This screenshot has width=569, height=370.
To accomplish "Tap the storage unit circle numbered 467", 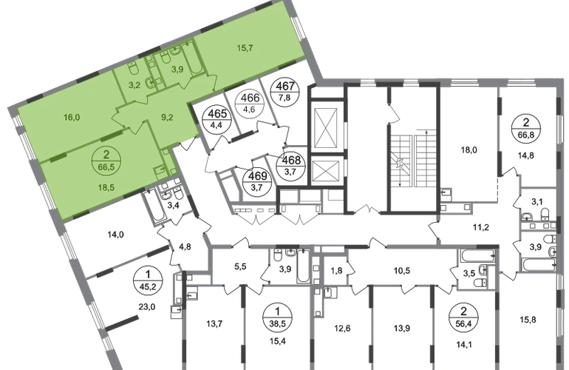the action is tap(284, 92).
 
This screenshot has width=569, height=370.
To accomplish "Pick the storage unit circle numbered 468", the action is tap(291, 166).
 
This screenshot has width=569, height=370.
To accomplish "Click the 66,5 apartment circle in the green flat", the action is tap(106, 161).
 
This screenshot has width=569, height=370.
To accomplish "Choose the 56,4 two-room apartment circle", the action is tap(464, 317).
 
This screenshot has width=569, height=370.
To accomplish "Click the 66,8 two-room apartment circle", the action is tap(526, 128).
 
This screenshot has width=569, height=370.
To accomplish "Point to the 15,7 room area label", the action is tap(245, 48).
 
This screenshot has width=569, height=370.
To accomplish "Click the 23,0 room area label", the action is tap(147, 307).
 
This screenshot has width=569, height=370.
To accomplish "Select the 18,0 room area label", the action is tap(469, 149).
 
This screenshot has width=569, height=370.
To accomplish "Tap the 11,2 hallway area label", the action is tap(481, 227).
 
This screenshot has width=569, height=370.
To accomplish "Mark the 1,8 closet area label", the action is tap(335, 270).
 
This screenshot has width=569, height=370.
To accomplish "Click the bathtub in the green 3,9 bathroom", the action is tap(192, 58).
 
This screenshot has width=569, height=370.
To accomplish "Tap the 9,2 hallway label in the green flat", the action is tap(167, 118).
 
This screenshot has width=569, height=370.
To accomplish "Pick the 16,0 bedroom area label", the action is tap(72, 118).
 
